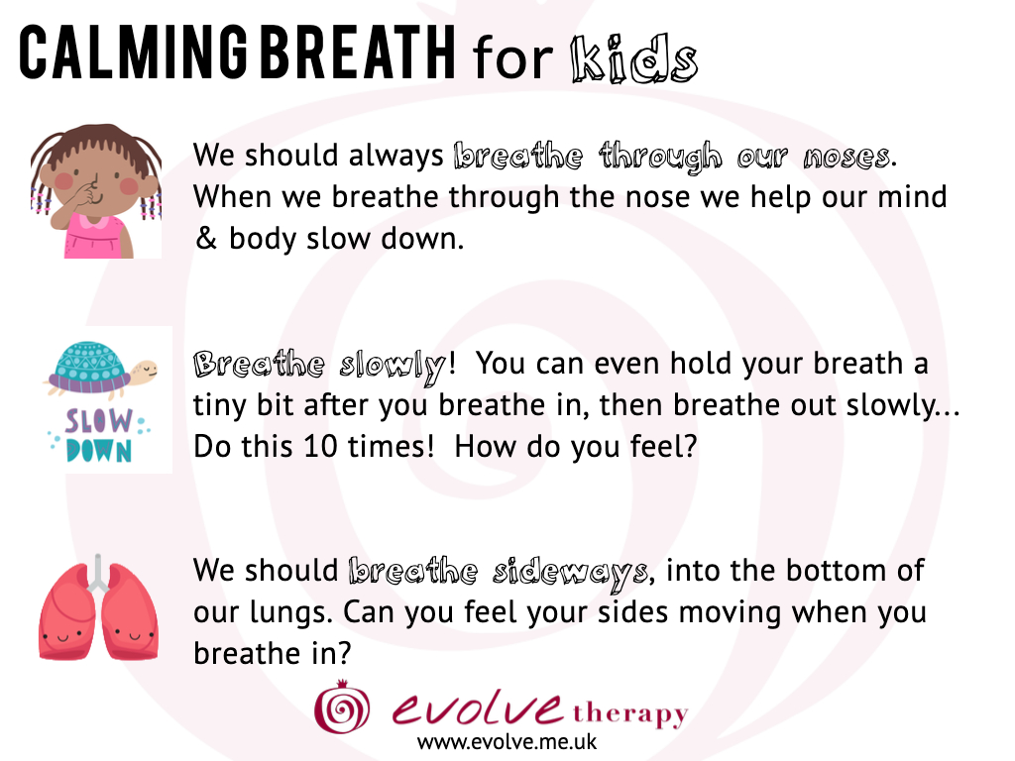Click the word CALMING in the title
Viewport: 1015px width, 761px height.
pos(133,54)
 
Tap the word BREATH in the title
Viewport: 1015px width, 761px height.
pos(357,54)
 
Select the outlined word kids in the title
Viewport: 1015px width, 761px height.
pos(634,58)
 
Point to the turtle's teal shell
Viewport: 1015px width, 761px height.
pos(89,368)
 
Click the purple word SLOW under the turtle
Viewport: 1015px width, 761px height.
pos(98,421)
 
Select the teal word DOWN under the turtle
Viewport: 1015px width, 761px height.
pos(99,451)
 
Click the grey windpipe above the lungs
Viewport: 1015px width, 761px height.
pos(98,574)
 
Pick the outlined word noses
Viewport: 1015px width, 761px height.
pos(846,158)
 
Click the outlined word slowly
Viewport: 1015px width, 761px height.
pos(393,366)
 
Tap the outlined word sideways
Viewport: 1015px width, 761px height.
pos(570,573)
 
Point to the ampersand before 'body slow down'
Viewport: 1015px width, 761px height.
pos(206,238)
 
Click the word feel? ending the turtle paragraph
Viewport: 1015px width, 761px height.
pos(664,446)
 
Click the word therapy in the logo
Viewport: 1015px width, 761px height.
pos(629,715)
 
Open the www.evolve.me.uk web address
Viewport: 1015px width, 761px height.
pos(507,742)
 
